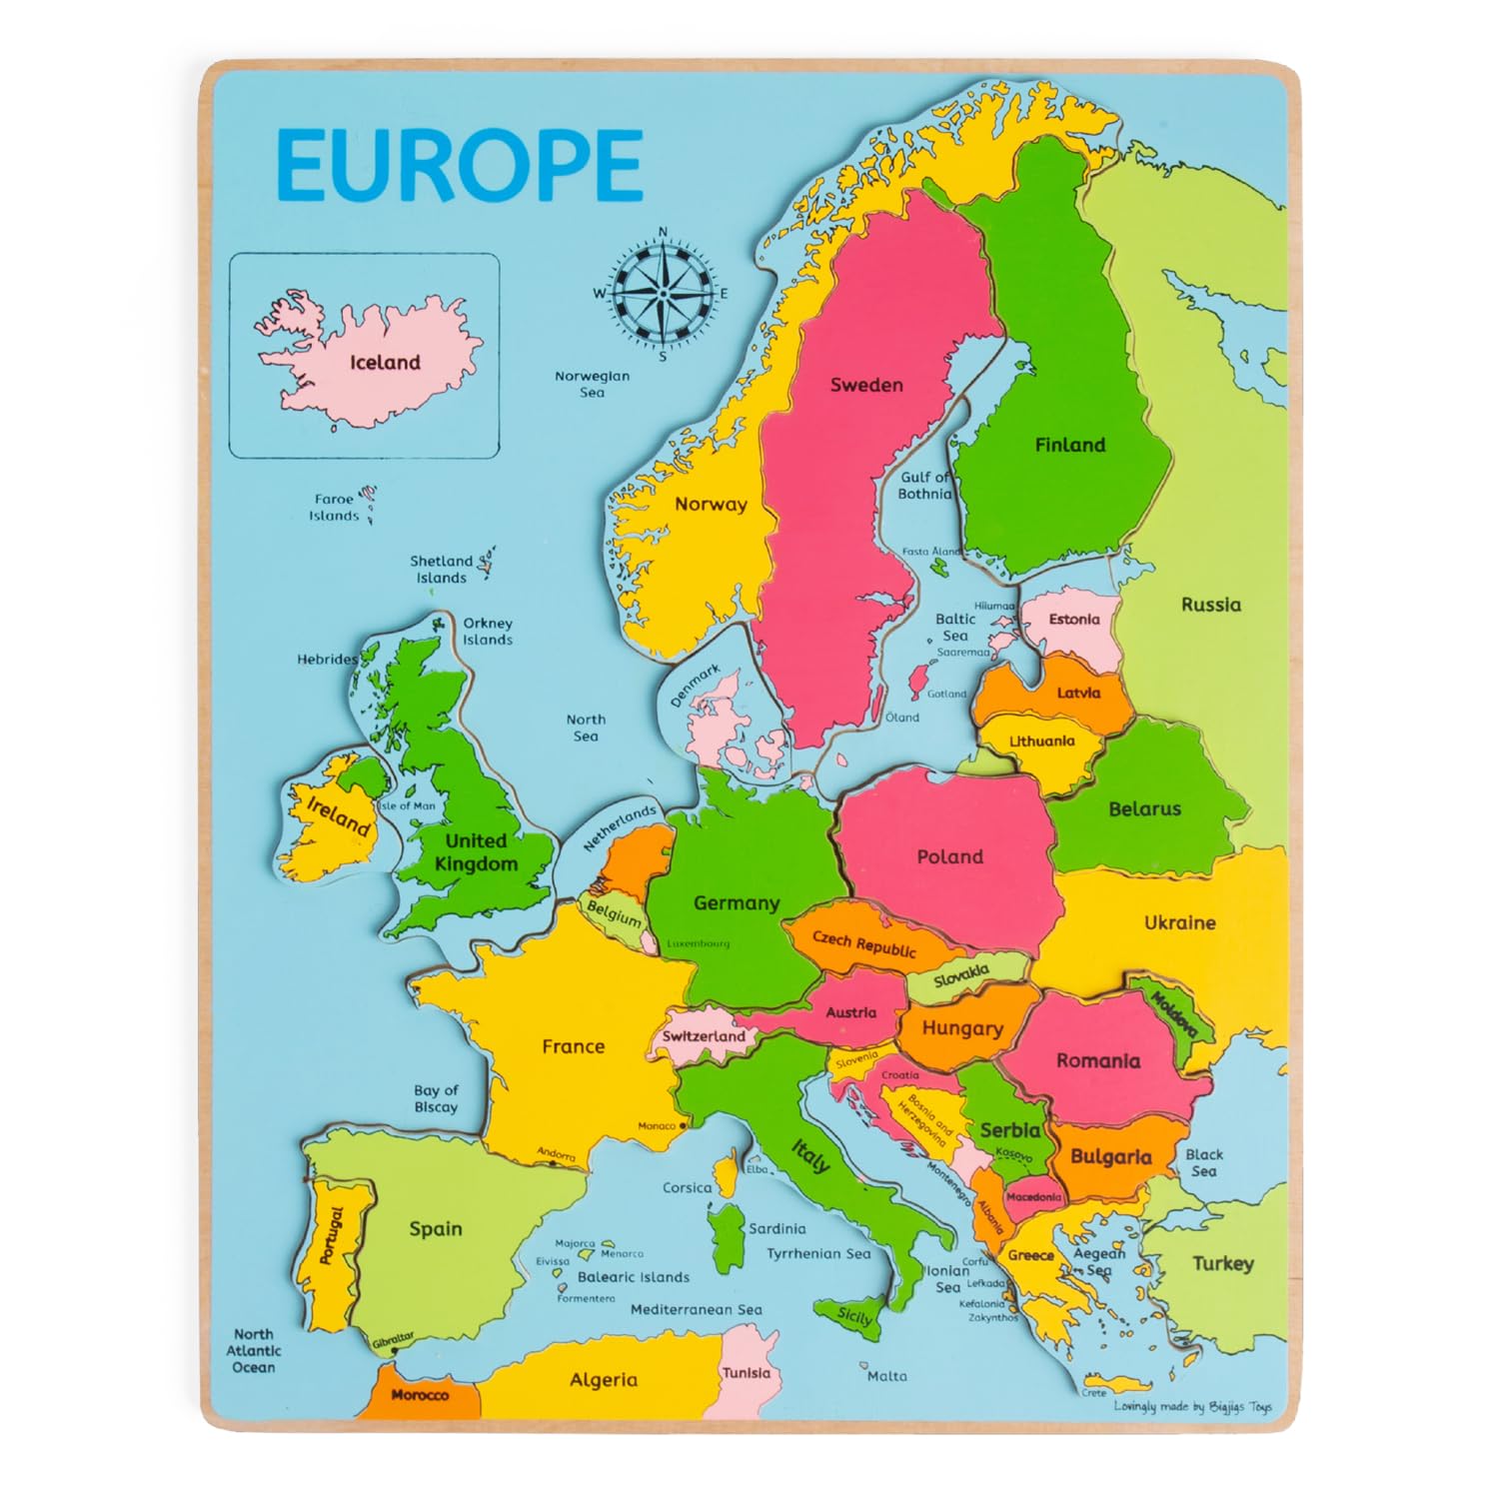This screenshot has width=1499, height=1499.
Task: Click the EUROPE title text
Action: (x=459, y=165)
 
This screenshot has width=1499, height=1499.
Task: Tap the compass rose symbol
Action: (x=663, y=293)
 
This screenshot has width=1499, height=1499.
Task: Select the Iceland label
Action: (x=385, y=363)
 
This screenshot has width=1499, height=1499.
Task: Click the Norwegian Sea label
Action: (x=593, y=384)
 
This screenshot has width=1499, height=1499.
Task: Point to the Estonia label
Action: (x=1074, y=620)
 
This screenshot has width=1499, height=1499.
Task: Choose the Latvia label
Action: (x=1078, y=693)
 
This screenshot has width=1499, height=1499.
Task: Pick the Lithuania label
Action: (x=1041, y=742)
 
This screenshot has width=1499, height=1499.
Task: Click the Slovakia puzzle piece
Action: (x=961, y=976)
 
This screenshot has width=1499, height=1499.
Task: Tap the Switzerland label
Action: (x=704, y=1036)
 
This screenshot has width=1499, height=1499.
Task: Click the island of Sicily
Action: (x=851, y=1316)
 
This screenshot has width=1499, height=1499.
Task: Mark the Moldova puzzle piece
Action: (x=1175, y=1014)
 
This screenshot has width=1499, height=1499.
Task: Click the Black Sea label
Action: (x=1204, y=1162)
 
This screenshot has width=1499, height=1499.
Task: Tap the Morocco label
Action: (x=420, y=1395)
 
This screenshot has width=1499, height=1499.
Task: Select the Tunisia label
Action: (x=747, y=1373)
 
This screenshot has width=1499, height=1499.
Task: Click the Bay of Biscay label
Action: (x=436, y=1098)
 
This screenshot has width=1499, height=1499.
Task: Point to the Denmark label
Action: (x=695, y=687)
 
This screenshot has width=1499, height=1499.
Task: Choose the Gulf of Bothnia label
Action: (x=925, y=486)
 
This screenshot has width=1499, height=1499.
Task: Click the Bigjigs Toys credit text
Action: (x=1193, y=1407)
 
